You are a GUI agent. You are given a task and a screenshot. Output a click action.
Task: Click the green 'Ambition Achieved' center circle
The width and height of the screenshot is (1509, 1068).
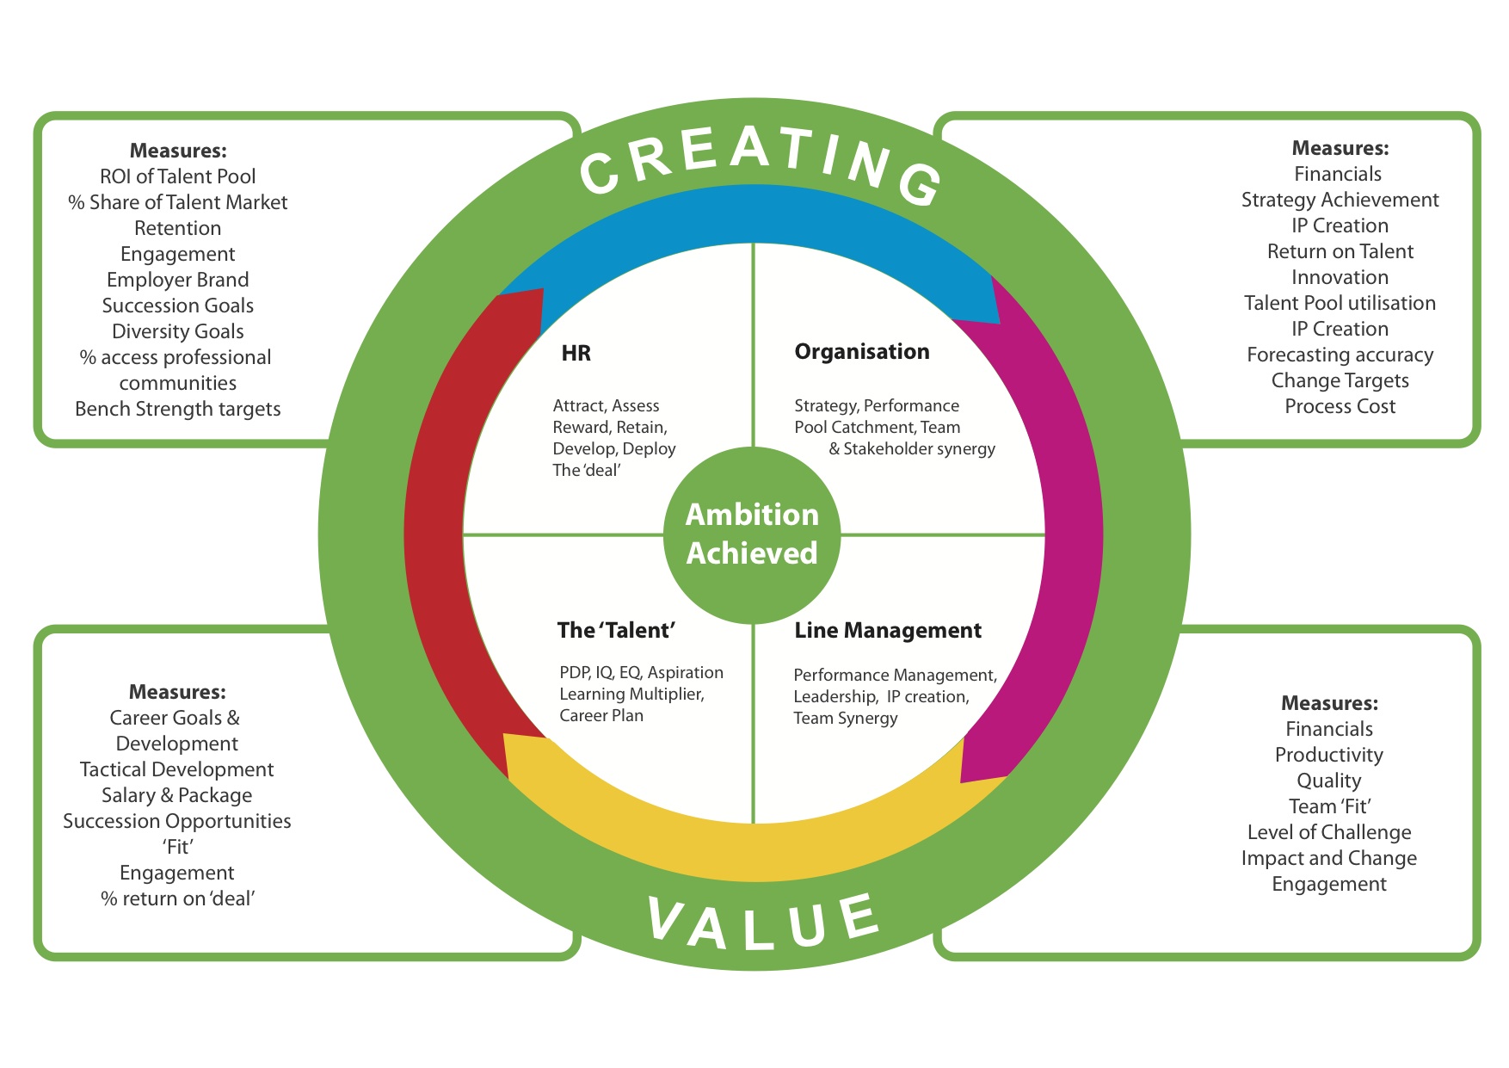(x=753, y=534)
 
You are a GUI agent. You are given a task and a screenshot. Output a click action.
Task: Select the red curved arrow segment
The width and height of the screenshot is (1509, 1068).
(x=439, y=516)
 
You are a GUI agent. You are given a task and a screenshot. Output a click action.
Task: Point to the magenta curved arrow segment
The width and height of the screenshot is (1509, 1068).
(x=1071, y=534)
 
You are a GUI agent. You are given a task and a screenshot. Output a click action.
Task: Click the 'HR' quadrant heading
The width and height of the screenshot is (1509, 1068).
(x=576, y=353)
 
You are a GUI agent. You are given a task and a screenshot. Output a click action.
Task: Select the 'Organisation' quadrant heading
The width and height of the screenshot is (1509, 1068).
(x=861, y=351)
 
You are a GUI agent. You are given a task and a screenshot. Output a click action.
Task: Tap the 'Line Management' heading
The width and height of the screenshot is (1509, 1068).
(x=887, y=630)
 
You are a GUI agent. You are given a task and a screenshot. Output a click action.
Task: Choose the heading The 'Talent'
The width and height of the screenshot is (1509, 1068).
(x=616, y=630)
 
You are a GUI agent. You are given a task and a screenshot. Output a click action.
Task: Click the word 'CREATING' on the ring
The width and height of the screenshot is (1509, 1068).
(x=761, y=164)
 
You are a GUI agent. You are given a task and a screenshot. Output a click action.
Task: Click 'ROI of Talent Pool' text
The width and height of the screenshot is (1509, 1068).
(x=177, y=176)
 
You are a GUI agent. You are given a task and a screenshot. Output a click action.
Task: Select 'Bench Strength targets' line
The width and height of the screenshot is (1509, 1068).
(x=177, y=409)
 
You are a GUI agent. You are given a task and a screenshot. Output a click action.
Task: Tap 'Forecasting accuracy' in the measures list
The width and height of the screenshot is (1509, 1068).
(x=1340, y=355)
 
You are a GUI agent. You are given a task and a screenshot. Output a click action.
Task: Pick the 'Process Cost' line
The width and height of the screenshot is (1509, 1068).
(x=1340, y=406)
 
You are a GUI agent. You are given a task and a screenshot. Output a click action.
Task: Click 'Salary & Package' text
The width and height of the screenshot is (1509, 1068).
(x=176, y=795)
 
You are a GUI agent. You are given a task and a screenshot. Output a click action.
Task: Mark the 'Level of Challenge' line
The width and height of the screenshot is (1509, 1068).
(x=1328, y=832)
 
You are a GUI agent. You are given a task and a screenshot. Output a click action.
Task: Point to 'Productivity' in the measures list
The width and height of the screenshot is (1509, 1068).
(x=1328, y=755)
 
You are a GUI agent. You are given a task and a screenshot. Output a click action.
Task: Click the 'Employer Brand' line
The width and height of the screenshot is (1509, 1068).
(x=177, y=280)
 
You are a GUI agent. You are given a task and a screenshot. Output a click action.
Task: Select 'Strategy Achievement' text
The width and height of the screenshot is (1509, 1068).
(x=1340, y=200)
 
